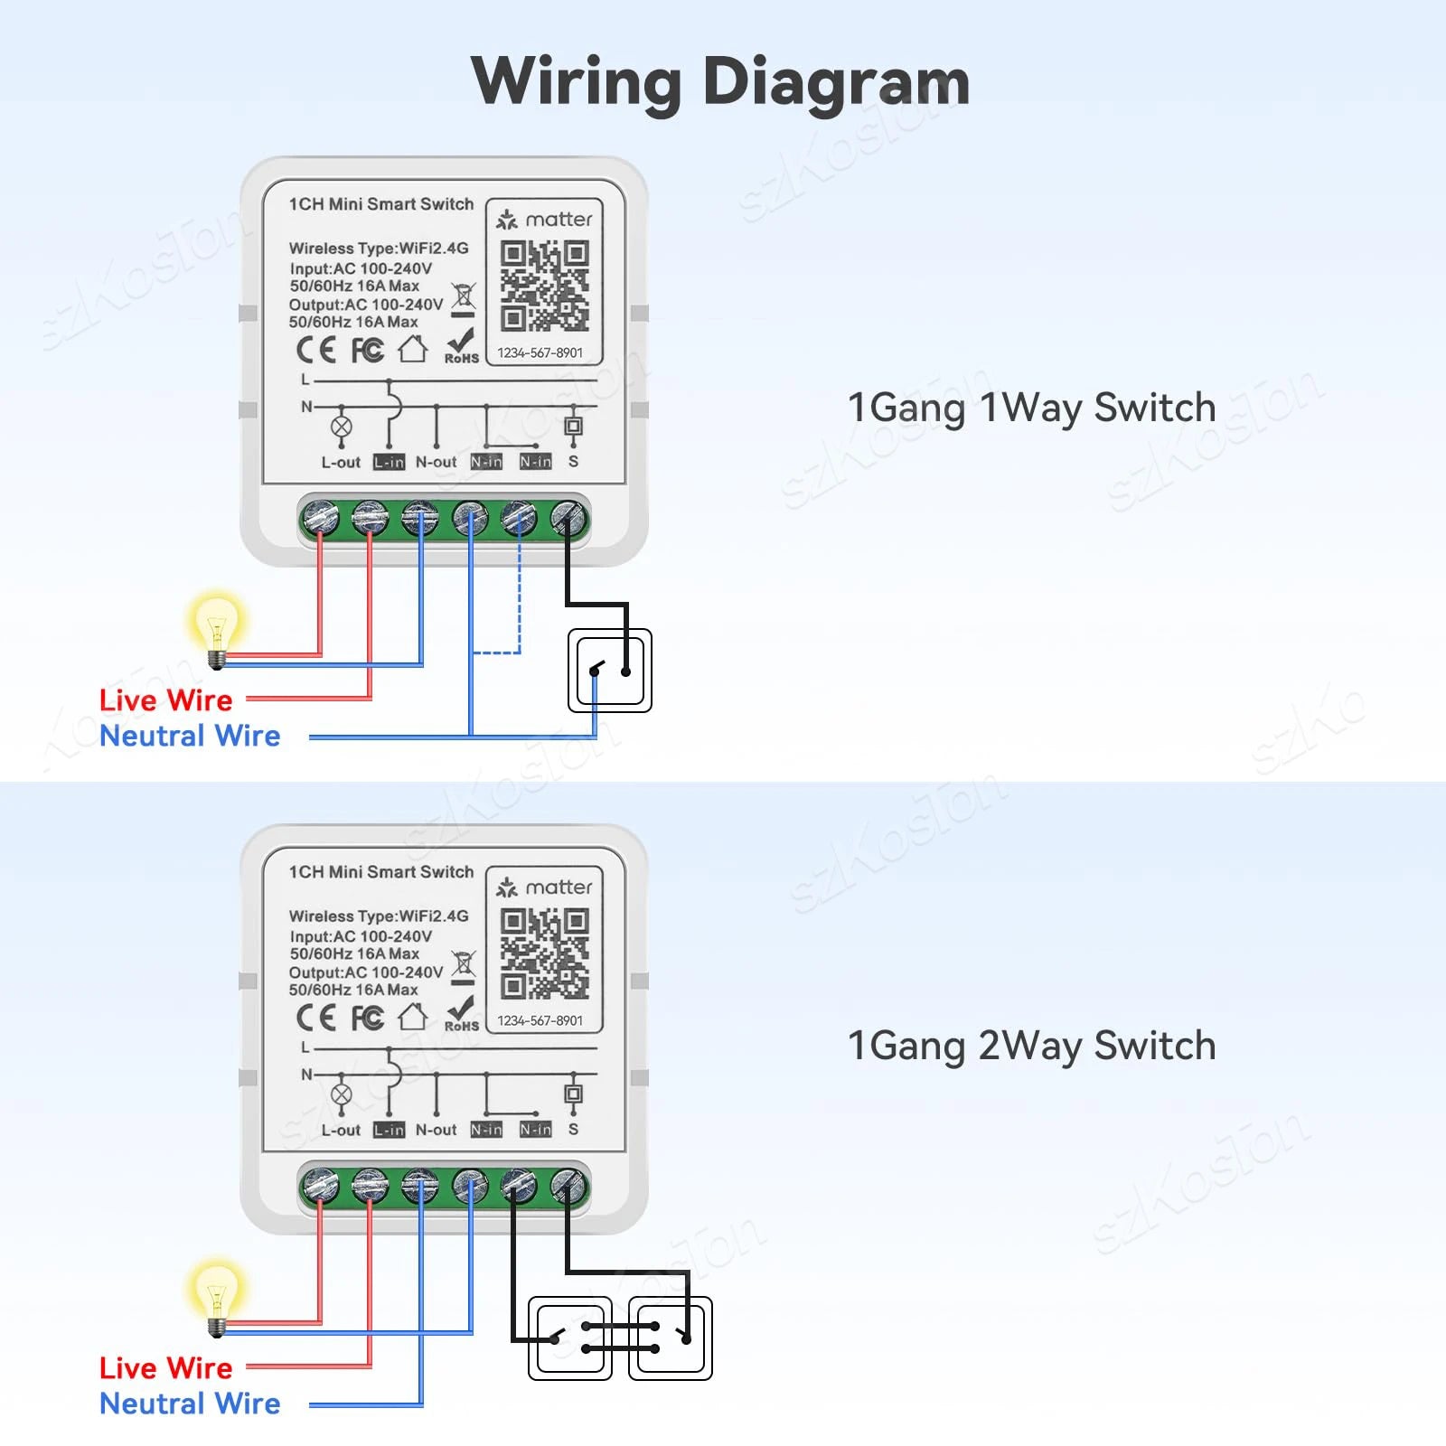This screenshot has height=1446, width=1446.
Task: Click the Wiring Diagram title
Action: click(x=720, y=81)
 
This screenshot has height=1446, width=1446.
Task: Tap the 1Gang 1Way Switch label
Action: click(x=1031, y=408)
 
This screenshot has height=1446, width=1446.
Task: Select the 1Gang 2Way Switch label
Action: click(x=1031, y=1046)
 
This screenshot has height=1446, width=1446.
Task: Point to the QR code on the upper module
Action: click(x=544, y=286)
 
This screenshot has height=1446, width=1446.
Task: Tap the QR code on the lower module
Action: click(x=544, y=953)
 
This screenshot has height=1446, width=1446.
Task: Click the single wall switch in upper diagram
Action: click(x=610, y=670)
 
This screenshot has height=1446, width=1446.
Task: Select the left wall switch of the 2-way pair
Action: click(x=570, y=1338)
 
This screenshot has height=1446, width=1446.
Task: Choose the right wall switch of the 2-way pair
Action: click(x=671, y=1338)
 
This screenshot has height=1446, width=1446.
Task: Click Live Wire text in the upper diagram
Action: click(x=165, y=700)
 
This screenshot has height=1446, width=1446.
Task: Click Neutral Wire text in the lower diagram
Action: click(x=190, y=1404)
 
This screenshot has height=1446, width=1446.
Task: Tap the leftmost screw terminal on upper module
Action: click(x=320, y=519)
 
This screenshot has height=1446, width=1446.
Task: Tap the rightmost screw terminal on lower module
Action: click(x=568, y=1186)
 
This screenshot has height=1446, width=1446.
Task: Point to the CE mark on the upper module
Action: click(x=316, y=350)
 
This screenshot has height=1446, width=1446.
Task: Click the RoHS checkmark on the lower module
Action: click(x=461, y=1010)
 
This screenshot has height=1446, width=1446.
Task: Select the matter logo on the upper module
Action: click(x=544, y=220)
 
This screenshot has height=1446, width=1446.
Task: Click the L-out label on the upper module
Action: click(x=341, y=462)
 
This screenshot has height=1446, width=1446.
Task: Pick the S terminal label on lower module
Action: click(x=573, y=1130)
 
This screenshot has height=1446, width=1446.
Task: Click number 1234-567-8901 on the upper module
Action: click(x=540, y=352)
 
